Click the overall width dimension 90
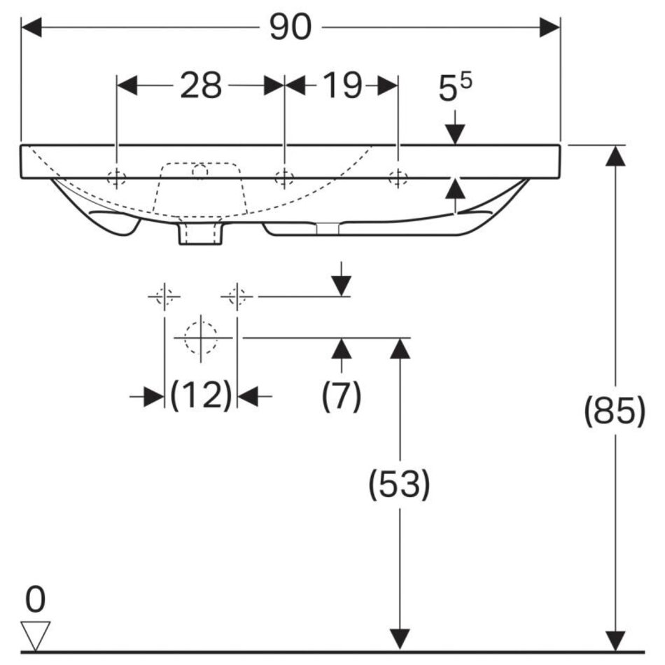coord(290,27)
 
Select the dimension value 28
coord(201,85)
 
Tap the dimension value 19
coord(342,85)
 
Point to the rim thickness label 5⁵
coord(454,87)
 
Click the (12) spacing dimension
coord(201,395)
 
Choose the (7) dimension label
coord(342,395)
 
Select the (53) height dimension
coord(399,484)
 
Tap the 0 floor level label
coord(35,599)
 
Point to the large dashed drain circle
coord(201,338)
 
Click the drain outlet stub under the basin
coord(200,232)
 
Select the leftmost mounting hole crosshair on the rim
coord(117,178)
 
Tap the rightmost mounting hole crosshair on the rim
coord(398,178)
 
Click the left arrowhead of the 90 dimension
coord(31,27)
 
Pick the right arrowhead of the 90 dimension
coord(549,27)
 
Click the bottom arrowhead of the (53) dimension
coord(400,640)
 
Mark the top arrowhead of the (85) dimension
coord(615,155)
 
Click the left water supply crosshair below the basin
coord(164,296)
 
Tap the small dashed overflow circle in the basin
coord(199,171)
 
